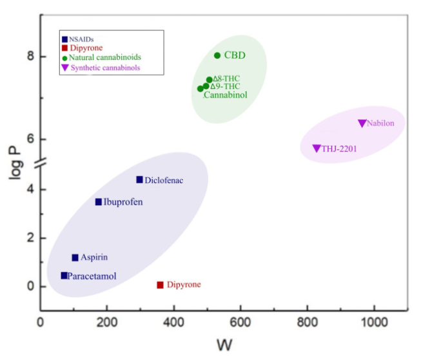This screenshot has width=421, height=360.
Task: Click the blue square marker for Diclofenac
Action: click(x=139, y=179)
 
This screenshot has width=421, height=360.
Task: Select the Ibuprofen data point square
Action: click(x=99, y=202)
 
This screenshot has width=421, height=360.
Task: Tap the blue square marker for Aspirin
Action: click(x=75, y=257)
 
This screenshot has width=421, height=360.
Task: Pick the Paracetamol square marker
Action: click(x=64, y=275)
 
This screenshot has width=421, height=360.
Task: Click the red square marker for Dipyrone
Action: click(x=160, y=285)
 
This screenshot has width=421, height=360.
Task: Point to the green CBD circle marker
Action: click(x=217, y=55)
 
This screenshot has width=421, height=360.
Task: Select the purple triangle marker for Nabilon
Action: click(x=362, y=123)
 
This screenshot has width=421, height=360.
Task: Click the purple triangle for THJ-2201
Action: click(x=317, y=148)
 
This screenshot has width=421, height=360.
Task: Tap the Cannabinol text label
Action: click(x=225, y=95)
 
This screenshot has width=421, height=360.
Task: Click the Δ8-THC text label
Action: click(x=226, y=79)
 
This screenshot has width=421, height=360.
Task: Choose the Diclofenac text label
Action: click(x=164, y=180)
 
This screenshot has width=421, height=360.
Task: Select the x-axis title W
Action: click(x=224, y=345)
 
